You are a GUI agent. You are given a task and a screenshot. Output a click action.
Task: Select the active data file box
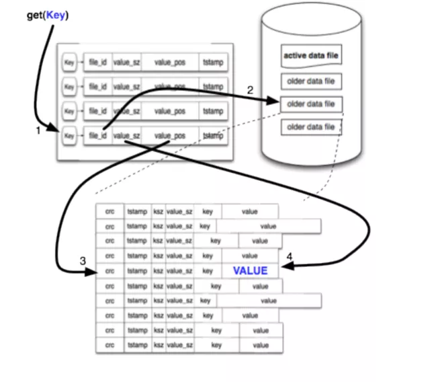click(311, 56)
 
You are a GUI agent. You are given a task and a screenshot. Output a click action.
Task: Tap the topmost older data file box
click(311, 82)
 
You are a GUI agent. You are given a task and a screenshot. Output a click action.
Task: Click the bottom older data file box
click(311, 126)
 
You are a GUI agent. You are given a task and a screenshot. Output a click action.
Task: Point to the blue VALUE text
click(250, 271)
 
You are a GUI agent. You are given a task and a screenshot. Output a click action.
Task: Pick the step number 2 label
click(250, 90)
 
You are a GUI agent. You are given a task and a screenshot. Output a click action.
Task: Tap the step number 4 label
click(290, 257)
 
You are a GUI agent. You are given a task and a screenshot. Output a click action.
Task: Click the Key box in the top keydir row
click(69, 63)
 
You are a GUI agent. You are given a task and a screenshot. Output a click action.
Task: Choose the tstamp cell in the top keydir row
click(213, 63)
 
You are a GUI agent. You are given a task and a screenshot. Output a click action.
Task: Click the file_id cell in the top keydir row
click(98, 63)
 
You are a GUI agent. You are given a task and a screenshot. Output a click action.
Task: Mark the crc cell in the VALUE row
click(110, 271)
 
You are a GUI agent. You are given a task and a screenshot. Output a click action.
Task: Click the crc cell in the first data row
click(110, 211)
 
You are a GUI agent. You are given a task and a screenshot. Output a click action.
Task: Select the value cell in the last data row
click(260, 345)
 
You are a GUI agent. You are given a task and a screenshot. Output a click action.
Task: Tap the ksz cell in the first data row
click(158, 211)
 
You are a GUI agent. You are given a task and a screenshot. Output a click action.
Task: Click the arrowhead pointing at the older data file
click(273, 102)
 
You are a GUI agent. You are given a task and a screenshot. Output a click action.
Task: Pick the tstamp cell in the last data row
click(137, 345)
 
